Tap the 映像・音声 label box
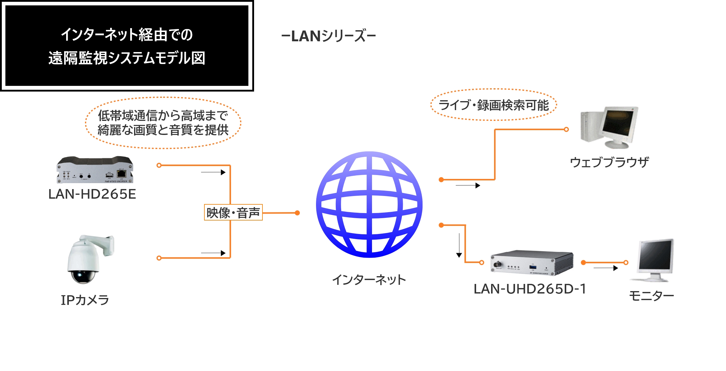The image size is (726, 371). (x=233, y=212)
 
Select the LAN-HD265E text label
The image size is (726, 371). (x=92, y=194)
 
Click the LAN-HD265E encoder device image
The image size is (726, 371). (x=95, y=170)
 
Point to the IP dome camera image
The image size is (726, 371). (x=89, y=259)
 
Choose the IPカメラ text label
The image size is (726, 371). (x=85, y=300)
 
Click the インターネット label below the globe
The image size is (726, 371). (x=369, y=280)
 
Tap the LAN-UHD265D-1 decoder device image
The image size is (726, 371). (x=532, y=263)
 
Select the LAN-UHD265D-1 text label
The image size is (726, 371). (x=530, y=289)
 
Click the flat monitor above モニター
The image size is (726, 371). (x=655, y=260)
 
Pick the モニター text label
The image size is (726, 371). (x=651, y=296)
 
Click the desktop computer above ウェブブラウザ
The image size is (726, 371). (x=609, y=127)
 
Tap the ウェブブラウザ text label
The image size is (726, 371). (x=609, y=162)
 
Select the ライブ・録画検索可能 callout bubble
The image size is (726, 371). (x=493, y=105)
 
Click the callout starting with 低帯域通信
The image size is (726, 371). (x=163, y=123)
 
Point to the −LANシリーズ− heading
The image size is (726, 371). (x=328, y=36)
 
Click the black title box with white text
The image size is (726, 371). (x=127, y=45)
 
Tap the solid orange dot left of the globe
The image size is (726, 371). (x=297, y=213)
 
